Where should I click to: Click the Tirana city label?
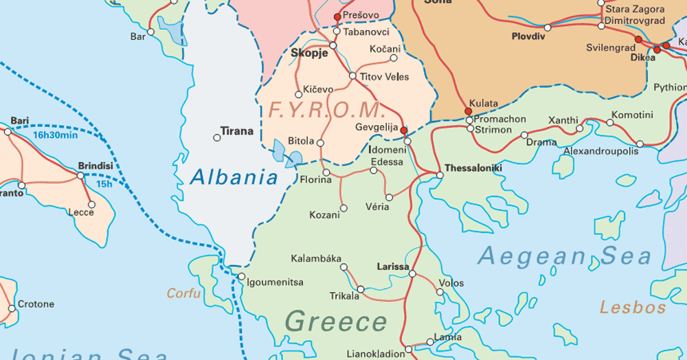[x=236, y=131]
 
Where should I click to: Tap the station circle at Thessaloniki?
[x=440, y=175]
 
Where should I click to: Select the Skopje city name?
[x=309, y=53]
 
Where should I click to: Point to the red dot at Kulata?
[x=469, y=111]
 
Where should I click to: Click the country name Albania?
[x=234, y=178]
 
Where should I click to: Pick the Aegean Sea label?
[x=564, y=256]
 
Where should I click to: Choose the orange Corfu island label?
[x=184, y=293]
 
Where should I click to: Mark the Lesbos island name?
[x=633, y=307]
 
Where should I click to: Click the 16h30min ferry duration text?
[x=55, y=135]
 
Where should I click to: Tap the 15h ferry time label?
[x=104, y=184]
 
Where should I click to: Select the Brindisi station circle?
[x=80, y=175]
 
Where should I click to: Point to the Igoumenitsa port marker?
[x=241, y=277]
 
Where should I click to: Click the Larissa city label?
[x=393, y=267]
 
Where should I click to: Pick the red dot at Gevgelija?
[x=404, y=130]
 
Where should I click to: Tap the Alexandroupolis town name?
[x=600, y=150]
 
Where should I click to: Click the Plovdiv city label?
[x=528, y=36]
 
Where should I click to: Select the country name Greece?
[x=336, y=322]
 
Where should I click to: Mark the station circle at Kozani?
[x=343, y=208]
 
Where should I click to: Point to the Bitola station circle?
[x=320, y=143]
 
